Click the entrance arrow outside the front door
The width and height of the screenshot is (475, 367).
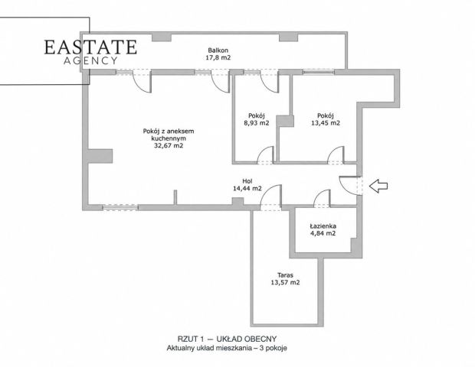click(378, 186)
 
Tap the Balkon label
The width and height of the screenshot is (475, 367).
click(218, 50)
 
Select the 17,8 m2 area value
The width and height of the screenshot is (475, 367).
click(218, 57)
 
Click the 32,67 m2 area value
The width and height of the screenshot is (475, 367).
click(169, 146)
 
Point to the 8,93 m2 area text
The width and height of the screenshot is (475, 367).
click(257, 123)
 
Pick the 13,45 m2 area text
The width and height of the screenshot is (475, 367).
click(326, 123)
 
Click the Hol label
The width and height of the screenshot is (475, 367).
click(247, 181)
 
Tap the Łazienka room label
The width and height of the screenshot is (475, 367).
click(323, 226)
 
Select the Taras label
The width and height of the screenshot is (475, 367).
click(285, 275)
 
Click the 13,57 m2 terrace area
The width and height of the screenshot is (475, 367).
click(285, 283)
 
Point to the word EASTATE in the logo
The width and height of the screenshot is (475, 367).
click(90, 47)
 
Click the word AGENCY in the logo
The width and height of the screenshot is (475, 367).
click(90, 60)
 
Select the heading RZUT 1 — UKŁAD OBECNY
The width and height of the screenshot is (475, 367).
click(227, 339)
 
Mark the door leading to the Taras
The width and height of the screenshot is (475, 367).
click(270, 197)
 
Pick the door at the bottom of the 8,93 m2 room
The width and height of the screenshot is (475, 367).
click(265, 155)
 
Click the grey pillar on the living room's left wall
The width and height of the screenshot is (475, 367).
click(100, 156)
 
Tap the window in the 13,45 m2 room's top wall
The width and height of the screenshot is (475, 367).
click(319, 72)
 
